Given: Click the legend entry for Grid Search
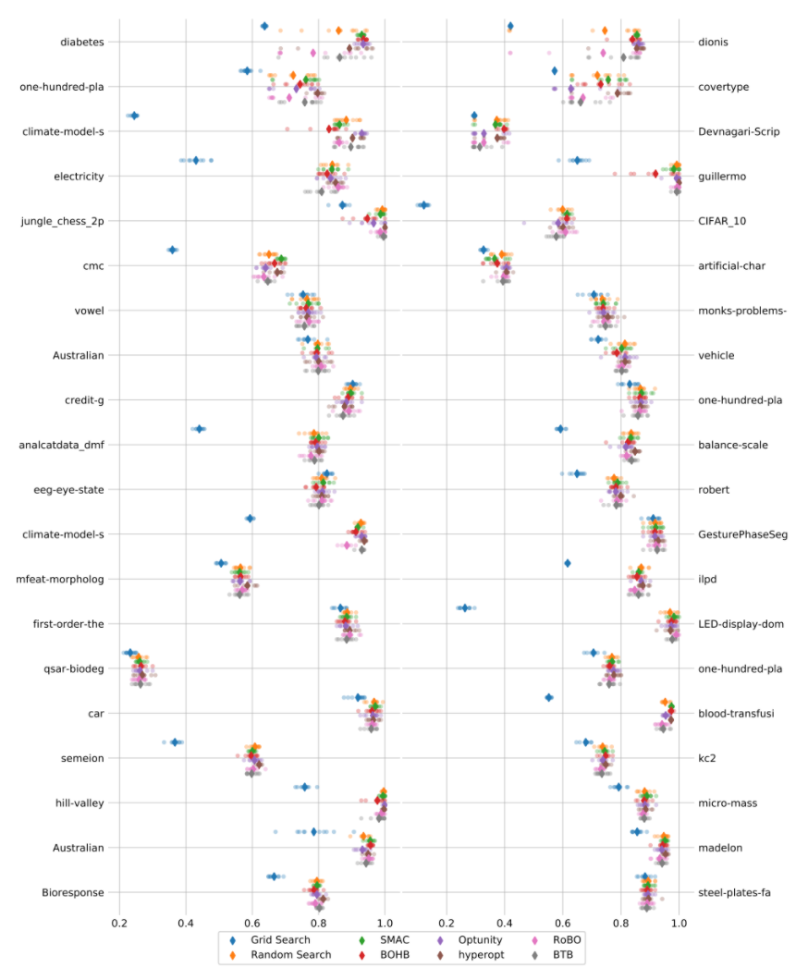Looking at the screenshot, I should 274,939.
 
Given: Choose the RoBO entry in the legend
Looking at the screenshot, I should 554,939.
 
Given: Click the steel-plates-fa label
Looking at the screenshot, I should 735,892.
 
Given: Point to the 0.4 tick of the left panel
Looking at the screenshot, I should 186,923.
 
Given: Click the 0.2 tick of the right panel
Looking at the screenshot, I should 447,923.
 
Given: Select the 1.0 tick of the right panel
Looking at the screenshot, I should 679,923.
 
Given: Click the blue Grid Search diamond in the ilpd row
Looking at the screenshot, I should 568,563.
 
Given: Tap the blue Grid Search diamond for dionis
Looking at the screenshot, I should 510,26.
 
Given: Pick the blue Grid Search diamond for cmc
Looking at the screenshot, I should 172,250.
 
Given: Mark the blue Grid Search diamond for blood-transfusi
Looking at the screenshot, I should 548,697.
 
